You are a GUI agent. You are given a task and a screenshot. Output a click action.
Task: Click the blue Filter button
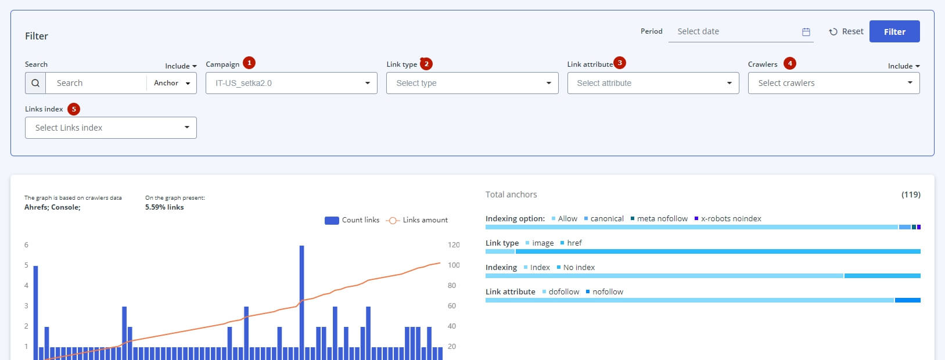pyautogui.click(x=894, y=31)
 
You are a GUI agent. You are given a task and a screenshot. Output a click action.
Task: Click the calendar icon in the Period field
pyautogui.click(x=806, y=31)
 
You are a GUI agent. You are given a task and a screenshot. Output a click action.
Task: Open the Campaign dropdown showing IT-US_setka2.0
pyautogui.click(x=292, y=83)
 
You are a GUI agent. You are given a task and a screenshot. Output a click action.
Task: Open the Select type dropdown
pyautogui.click(x=473, y=83)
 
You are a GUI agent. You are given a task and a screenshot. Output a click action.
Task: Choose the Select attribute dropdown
pyautogui.click(x=653, y=83)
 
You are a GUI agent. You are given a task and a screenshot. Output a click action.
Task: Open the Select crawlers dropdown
pyautogui.click(x=834, y=83)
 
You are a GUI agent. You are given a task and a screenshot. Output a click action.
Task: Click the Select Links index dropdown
pyautogui.click(x=111, y=128)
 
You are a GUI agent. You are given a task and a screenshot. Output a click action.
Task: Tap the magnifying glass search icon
pyautogui.click(x=35, y=83)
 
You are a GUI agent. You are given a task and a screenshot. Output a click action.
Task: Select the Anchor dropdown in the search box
pyautogui.click(x=172, y=83)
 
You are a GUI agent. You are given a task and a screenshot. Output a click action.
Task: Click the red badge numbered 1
pyautogui.click(x=249, y=63)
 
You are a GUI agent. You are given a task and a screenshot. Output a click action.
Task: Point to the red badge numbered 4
pyautogui.click(x=790, y=63)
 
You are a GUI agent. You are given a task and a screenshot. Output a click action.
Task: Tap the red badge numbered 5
pyautogui.click(x=74, y=109)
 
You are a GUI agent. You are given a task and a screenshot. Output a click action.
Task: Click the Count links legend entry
pyautogui.click(x=352, y=220)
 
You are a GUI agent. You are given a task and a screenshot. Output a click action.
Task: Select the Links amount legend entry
pyautogui.click(x=417, y=220)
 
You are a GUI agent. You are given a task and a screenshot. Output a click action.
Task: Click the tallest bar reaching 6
pyautogui.click(x=301, y=303)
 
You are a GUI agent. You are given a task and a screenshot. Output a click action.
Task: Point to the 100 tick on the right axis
pyautogui.click(x=454, y=265)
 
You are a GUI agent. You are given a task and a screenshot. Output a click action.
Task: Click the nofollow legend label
pyautogui.click(x=608, y=291)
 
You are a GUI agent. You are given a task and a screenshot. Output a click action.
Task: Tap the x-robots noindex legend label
pyautogui.click(x=731, y=219)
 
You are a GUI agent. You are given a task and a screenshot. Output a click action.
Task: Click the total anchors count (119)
pyautogui.click(x=911, y=195)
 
